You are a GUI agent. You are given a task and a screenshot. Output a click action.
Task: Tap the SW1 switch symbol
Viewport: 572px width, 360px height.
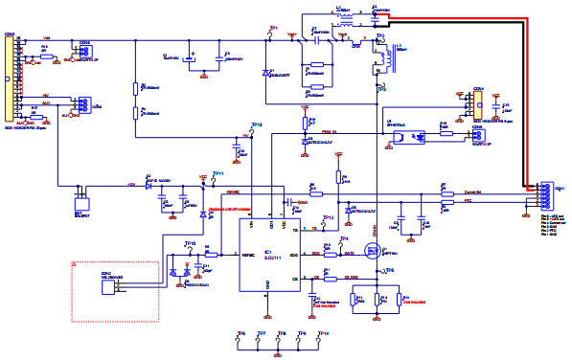[x=81, y=202]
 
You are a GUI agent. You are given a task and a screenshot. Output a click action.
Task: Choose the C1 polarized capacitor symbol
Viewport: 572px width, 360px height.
[x=192, y=56]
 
